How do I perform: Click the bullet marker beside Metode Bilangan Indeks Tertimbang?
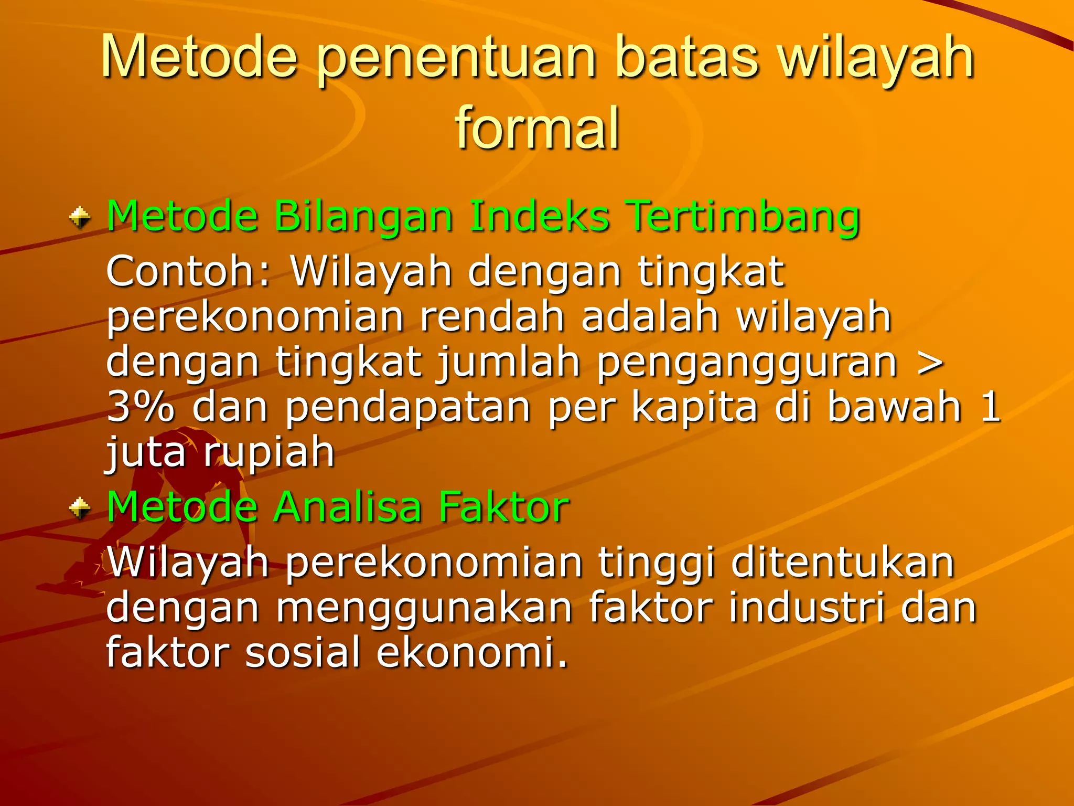coord(80,217)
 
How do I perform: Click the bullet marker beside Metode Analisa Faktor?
coord(80,507)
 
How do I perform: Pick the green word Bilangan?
coord(363,216)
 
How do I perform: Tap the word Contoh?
coord(189,271)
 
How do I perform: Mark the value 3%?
coord(140,407)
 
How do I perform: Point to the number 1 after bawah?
coord(990,407)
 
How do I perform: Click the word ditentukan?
coord(842,563)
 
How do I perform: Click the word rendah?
coord(491,317)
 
